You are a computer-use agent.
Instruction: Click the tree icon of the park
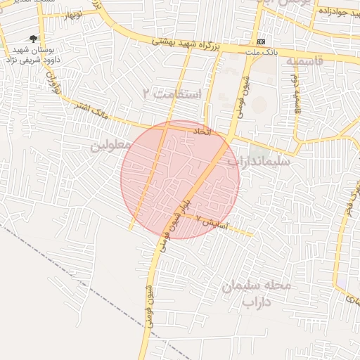(x=33, y=39)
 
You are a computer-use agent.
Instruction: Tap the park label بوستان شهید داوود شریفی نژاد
(x=35, y=56)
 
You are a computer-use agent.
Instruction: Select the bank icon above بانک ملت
(x=262, y=42)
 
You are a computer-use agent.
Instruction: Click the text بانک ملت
(x=260, y=53)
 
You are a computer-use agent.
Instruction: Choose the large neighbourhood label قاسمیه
(x=304, y=61)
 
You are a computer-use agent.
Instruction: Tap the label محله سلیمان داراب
(x=256, y=293)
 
